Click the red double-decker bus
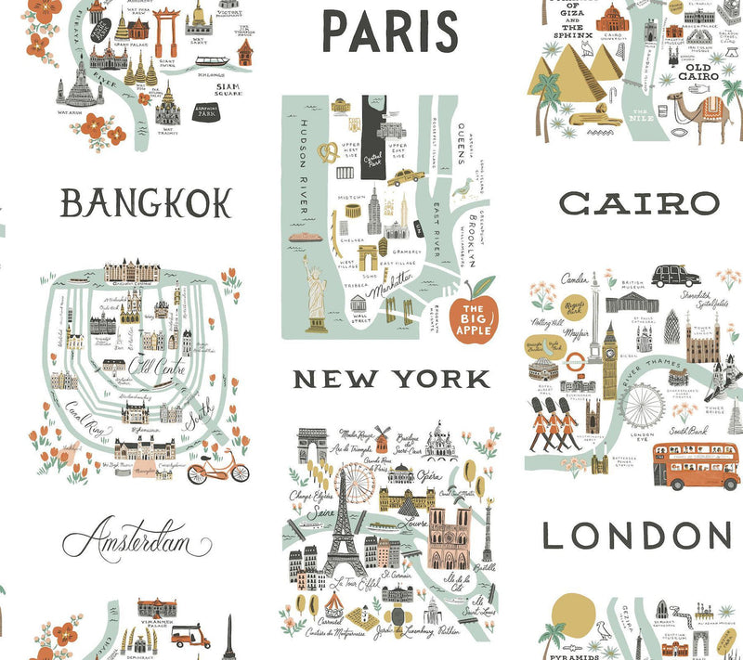(x=696, y=465)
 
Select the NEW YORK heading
(x=391, y=379)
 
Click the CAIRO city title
(x=640, y=202)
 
